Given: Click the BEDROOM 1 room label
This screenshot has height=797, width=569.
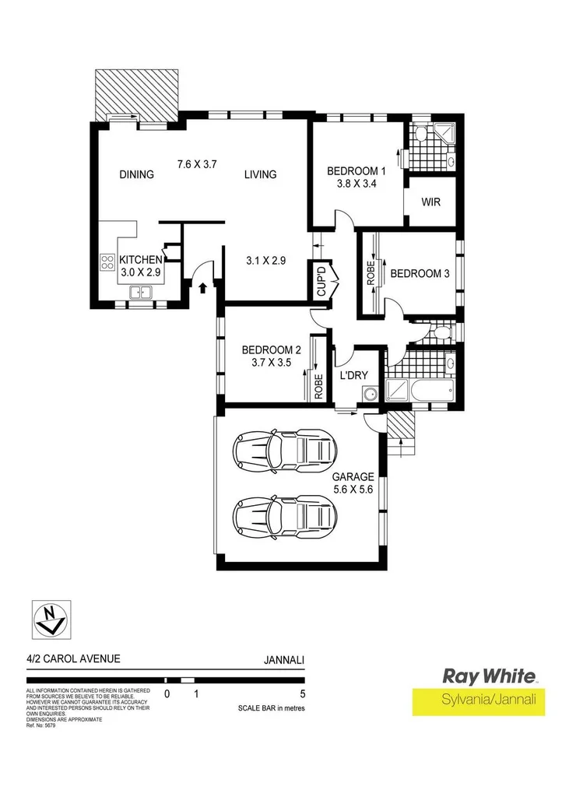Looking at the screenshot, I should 356,171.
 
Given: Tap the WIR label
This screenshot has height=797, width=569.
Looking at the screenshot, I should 431,202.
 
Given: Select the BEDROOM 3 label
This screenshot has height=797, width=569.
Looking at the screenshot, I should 420,273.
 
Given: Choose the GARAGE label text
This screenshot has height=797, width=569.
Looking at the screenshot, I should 353,477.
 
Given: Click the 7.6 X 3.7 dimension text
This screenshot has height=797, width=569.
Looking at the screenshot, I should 196,164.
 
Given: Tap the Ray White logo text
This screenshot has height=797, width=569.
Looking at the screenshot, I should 489,676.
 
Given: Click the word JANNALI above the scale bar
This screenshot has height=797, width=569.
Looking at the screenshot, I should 284,659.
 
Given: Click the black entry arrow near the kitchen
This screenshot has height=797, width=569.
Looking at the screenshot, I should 203,289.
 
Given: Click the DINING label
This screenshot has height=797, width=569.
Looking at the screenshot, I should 137,174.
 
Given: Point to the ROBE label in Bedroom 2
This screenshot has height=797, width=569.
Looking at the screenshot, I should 318,386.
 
